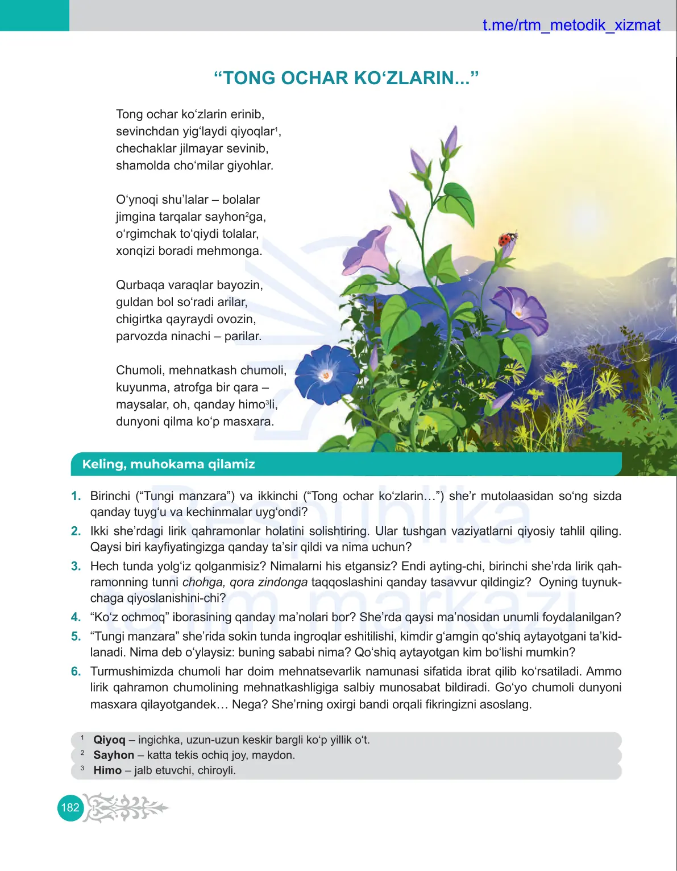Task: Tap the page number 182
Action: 70,808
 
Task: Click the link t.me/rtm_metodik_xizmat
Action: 571,25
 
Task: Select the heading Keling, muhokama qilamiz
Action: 168,464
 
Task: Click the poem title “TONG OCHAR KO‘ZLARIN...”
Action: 346,78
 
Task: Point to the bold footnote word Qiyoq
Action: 109,740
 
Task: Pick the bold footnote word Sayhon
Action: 114,755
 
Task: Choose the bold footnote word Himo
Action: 107,770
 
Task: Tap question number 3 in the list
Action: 76,566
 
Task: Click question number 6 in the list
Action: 76,671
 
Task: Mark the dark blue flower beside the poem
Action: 326,373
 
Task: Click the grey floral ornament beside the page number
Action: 126,807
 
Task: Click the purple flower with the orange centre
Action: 518,310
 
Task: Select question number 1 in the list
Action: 76,496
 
